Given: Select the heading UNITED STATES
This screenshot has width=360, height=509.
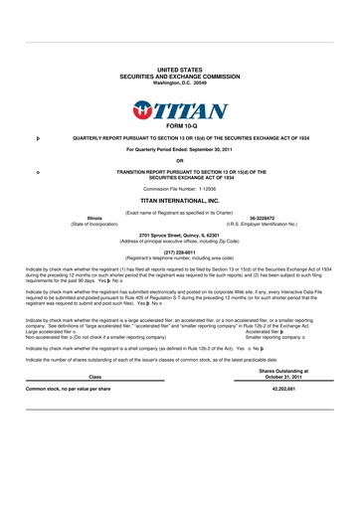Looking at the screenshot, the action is [x=180, y=69].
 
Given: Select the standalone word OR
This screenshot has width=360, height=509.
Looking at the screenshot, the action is [x=180, y=161].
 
